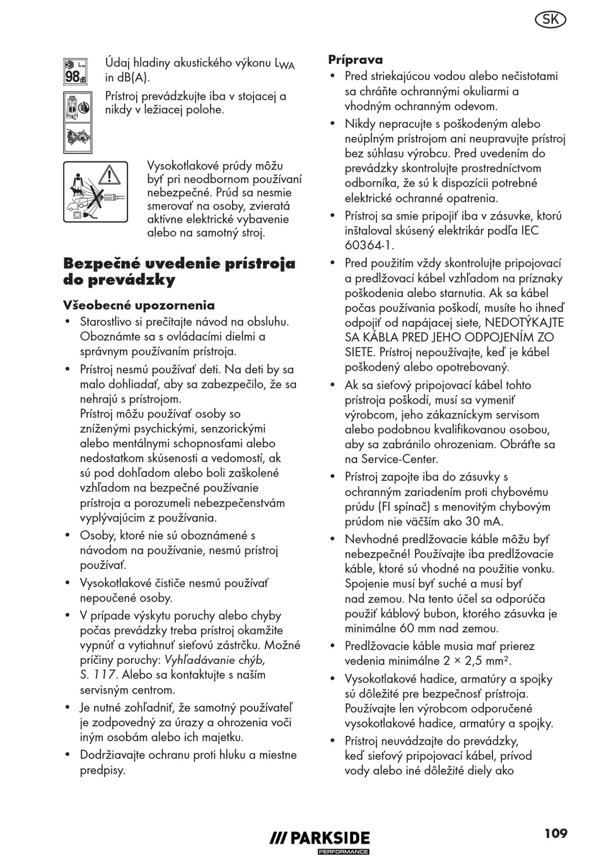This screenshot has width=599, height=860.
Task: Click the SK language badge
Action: tap(550, 20)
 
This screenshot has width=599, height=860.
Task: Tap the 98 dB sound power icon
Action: tap(75, 72)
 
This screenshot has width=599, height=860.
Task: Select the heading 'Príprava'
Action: tap(355, 60)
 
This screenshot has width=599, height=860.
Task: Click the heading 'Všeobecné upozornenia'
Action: tap(139, 306)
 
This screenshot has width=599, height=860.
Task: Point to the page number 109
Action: tap(556, 834)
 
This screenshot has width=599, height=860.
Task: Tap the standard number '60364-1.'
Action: tap(369, 246)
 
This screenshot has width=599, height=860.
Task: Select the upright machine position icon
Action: tap(75, 106)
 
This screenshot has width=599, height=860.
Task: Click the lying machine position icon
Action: tap(75, 137)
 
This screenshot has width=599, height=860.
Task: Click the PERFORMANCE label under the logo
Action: tap(343, 852)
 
